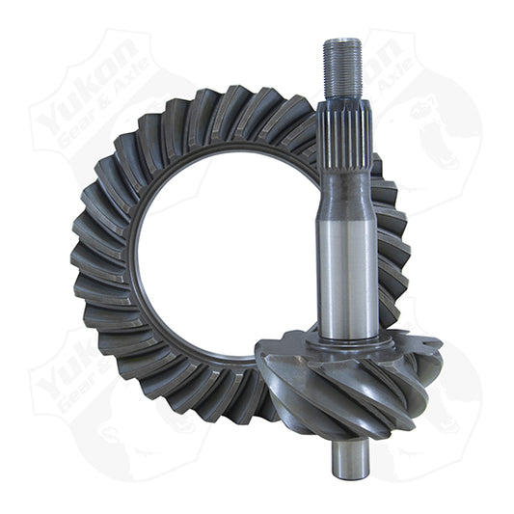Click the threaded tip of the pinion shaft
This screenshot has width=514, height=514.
point(343,68)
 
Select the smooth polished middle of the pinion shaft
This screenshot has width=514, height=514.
point(347,260)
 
